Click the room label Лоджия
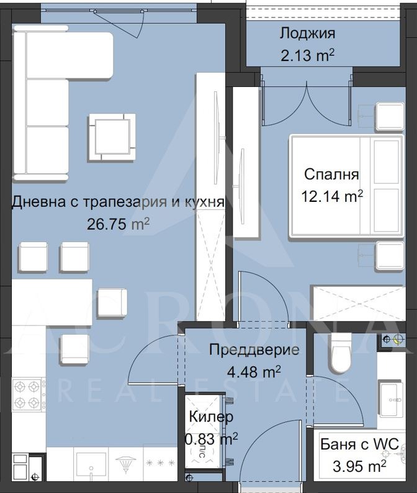[307, 34]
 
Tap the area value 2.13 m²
[307, 55]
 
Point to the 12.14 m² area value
[332, 196]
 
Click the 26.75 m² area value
[119, 224]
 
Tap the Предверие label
[254, 350]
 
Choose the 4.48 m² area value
[254, 371]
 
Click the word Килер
[211, 417]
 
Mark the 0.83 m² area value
[211, 440]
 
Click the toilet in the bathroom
[341, 353]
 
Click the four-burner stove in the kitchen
[28, 395]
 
